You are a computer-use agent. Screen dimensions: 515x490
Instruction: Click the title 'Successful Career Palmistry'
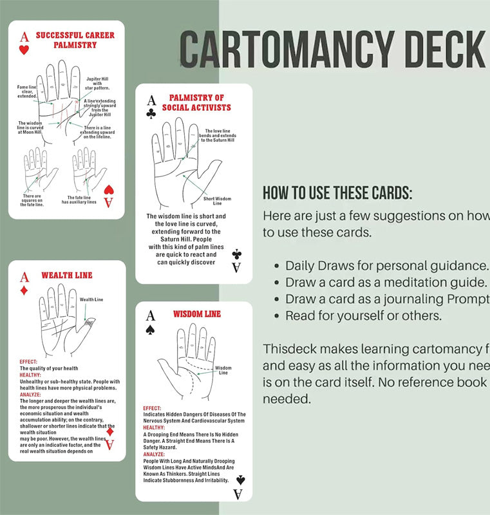coord(75,40)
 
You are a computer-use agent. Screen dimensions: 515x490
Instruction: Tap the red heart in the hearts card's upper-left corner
coord(24,50)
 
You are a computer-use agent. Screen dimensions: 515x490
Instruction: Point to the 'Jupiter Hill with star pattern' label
coord(97,83)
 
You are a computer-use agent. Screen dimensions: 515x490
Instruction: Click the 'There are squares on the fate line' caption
coord(33,200)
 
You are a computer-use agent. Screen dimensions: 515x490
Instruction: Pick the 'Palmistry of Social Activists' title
coord(196,102)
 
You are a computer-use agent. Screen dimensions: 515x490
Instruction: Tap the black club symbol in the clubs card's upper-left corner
coord(151,113)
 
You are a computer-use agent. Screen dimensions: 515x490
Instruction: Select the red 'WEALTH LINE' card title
coord(67,276)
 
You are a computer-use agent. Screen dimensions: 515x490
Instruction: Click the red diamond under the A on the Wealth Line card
coord(24,290)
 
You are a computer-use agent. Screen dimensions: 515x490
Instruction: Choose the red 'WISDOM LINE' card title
coord(196,314)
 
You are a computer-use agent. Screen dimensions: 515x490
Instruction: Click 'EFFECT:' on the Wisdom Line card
coord(153,408)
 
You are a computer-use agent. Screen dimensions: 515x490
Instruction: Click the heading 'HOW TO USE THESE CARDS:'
coord(337,192)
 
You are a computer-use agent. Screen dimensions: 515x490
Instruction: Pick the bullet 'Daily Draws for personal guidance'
coord(386,266)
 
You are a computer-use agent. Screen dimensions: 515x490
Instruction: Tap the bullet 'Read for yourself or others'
coord(363,316)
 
